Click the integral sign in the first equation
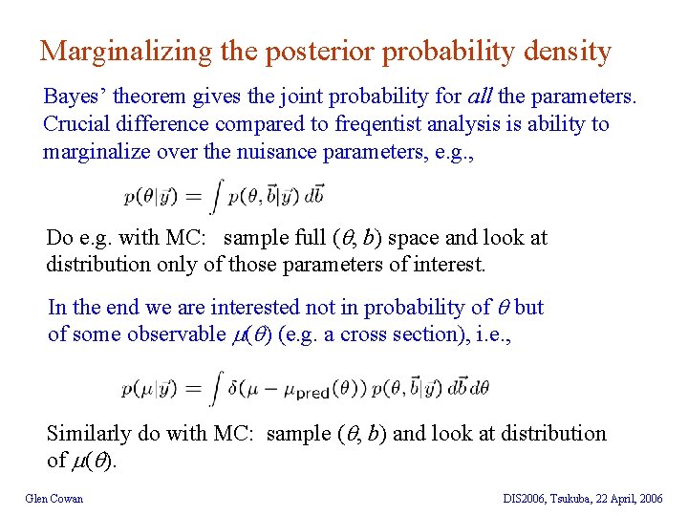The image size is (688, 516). tap(217, 196)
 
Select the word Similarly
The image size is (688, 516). tap(89, 433)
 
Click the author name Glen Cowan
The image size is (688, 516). tap(54, 498)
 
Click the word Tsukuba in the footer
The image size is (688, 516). tap(580, 498)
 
